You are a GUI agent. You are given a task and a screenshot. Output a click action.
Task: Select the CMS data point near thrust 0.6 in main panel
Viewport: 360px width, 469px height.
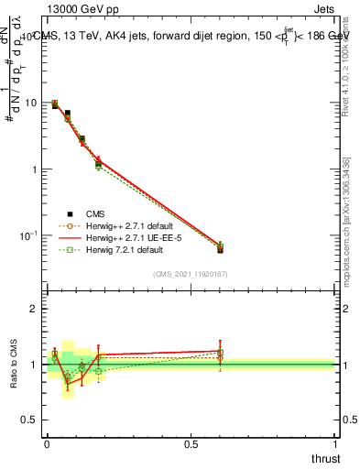220,249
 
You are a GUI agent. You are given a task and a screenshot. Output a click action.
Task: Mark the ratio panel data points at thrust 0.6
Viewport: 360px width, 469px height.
220,354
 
